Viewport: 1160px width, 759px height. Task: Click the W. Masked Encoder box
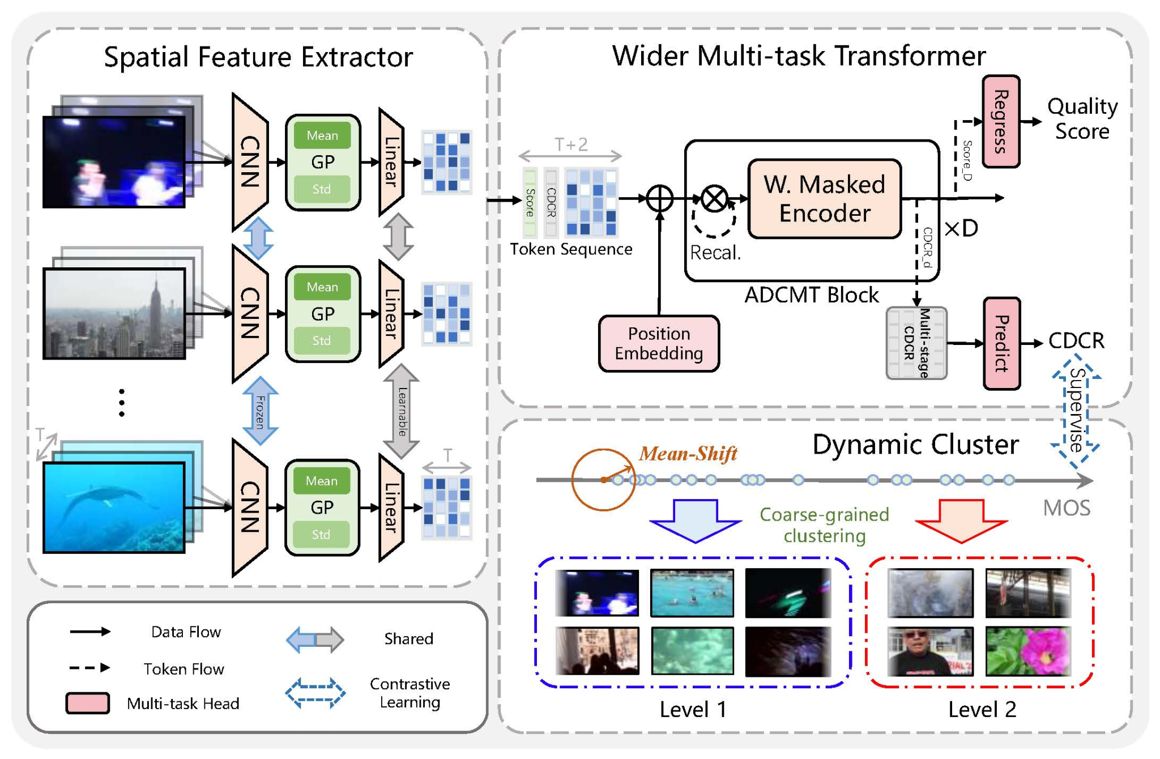[824, 199]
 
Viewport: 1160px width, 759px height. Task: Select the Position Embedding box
[659, 343]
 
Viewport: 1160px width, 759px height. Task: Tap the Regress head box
[1001, 121]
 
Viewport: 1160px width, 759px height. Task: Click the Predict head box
[1001, 343]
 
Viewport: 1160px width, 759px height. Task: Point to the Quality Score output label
[1082, 118]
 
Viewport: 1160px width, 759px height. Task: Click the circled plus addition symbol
[660, 199]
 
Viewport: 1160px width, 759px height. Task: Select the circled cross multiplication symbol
[714, 199]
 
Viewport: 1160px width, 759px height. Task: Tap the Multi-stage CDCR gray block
[916, 343]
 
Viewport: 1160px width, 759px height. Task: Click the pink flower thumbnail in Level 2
[1028, 651]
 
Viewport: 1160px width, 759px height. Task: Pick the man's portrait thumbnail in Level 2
[930, 651]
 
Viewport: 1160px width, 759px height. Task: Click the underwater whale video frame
[114, 507]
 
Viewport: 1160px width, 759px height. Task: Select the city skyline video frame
[114, 313]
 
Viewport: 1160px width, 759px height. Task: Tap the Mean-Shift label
[688, 453]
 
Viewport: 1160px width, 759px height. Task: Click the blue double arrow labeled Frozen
[260, 411]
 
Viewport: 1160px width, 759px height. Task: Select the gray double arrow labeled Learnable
[402, 411]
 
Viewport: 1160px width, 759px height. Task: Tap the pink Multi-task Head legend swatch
[88, 703]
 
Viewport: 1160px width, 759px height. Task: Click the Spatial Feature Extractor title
[258, 57]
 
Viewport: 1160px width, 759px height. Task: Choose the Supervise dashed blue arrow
[1076, 411]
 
